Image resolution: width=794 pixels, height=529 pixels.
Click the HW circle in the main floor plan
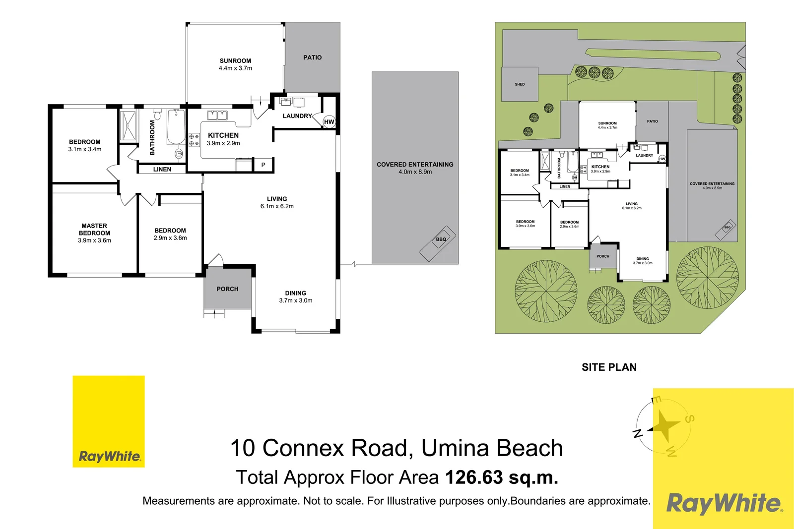(329, 122)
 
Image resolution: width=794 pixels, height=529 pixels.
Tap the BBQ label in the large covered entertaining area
(441, 239)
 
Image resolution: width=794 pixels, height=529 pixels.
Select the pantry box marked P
(263, 165)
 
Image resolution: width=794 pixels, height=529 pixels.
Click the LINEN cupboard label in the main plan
(162, 169)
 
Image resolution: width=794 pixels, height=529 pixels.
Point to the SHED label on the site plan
(520, 84)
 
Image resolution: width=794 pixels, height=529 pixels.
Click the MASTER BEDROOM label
(94, 230)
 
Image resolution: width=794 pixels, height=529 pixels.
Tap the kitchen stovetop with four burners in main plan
(194, 140)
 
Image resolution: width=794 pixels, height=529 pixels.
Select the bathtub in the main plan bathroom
(176, 127)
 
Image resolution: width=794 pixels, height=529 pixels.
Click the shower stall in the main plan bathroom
(128, 126)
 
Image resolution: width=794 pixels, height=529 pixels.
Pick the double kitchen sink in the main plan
(217, 116)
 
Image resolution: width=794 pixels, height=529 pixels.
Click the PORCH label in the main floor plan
(228, 289)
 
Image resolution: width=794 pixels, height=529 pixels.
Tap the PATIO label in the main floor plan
(312, 58)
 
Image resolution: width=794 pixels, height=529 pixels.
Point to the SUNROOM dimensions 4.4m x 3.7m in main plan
(235, 68)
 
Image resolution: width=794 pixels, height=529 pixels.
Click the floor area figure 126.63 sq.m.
(502, 477)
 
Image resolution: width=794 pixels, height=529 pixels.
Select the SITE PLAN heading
(609, 367)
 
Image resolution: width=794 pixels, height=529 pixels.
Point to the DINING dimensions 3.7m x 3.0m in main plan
(296, 300)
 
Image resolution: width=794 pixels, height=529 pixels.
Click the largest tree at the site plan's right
(708, 278)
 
